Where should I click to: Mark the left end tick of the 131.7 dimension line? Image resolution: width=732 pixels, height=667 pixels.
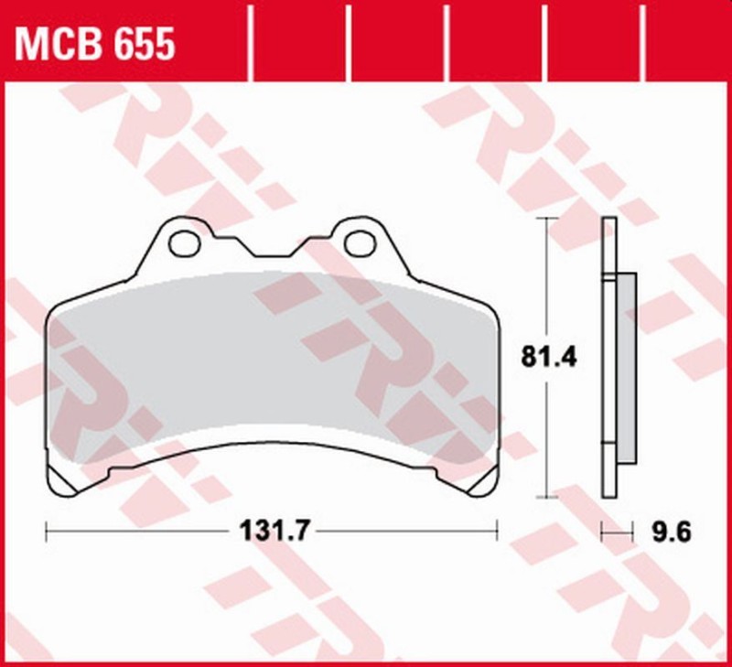[46, 530]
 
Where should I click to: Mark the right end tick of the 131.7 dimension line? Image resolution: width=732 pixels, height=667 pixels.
[497, 530]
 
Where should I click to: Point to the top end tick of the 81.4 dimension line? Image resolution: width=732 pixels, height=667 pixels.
[547, 219]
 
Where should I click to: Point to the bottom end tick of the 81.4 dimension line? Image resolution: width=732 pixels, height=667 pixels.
[547, 499]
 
